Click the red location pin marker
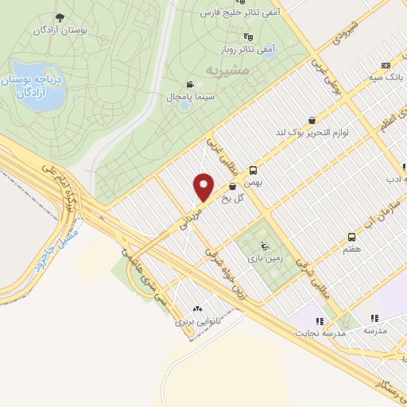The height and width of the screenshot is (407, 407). pos(204,188)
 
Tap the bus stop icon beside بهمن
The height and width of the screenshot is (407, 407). pos(254,170)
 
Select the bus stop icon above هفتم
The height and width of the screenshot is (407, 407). pos(351,237)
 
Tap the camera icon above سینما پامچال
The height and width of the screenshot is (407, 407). pos(189,84)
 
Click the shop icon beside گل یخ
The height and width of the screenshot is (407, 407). pos(232,188)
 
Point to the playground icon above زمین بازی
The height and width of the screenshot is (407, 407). pos(265,246)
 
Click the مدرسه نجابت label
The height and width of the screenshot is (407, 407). pos(321,333)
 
